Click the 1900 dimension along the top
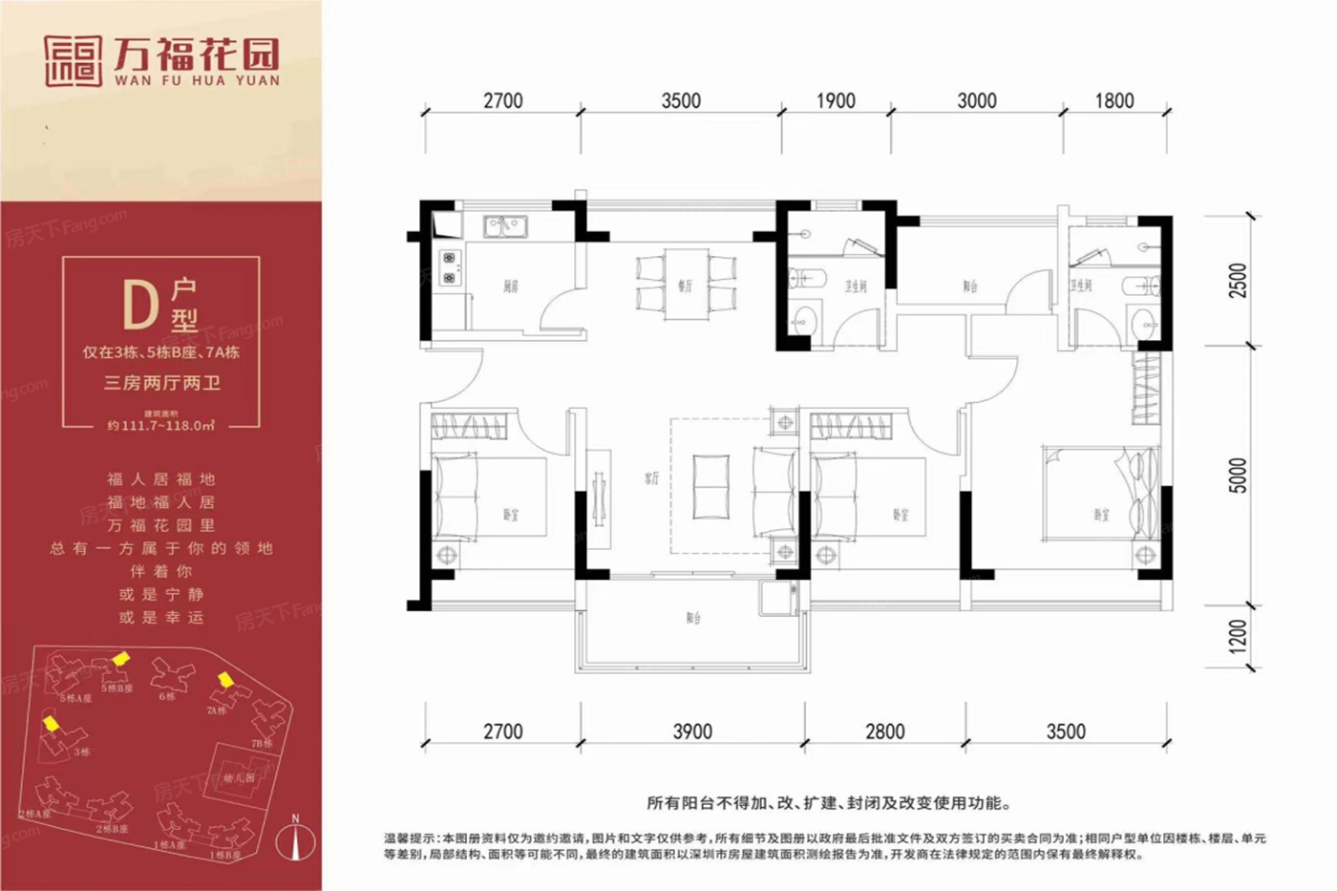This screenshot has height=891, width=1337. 835,101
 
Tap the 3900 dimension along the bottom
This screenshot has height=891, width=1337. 692,732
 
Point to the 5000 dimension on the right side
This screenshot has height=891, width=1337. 1238,476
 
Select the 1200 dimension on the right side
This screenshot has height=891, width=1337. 1238,636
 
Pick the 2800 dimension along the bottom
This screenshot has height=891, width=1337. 884,732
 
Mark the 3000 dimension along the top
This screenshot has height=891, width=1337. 976,101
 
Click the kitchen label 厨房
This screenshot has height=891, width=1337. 511,286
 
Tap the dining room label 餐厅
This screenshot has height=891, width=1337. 685,286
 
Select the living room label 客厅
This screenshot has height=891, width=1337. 651,477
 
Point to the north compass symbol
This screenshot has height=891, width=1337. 296,839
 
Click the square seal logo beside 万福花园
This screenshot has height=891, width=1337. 73,61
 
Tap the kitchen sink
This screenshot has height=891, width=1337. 504,226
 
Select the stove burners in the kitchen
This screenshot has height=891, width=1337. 449,267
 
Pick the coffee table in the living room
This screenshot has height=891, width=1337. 711,487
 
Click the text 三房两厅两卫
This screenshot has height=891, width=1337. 161,383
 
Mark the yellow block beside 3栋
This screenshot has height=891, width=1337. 51,724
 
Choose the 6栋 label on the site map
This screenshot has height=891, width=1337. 167,696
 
